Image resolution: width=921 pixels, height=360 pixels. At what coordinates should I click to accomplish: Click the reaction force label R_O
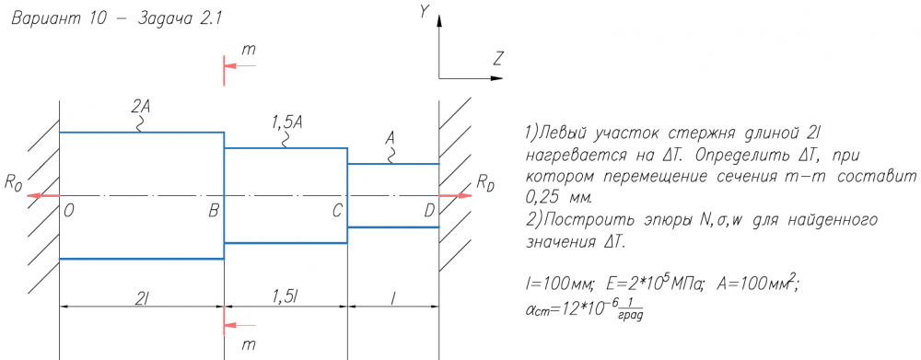coord(13,182)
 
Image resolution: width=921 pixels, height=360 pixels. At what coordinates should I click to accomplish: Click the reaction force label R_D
coord(485,182)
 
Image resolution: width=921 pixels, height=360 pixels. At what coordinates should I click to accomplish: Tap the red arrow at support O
coord(43,195)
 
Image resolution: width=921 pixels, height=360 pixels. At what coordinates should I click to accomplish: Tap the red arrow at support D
coord(456,195)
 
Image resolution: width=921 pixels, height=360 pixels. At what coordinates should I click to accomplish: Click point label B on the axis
coord(214,212)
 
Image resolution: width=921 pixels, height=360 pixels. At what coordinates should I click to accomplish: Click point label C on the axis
coord(336,212)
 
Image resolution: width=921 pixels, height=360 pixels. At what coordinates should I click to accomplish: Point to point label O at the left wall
coord(69,212)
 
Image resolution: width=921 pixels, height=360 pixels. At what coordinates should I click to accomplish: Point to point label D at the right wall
coord(429,212)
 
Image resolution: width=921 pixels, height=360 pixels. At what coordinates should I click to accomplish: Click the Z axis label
coord(498,59)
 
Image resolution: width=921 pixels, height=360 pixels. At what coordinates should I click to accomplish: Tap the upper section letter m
coord(249,50)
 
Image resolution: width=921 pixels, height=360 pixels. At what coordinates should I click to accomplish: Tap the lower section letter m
coord(249,343)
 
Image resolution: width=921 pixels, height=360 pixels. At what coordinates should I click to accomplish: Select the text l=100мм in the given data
coord(559,285)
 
